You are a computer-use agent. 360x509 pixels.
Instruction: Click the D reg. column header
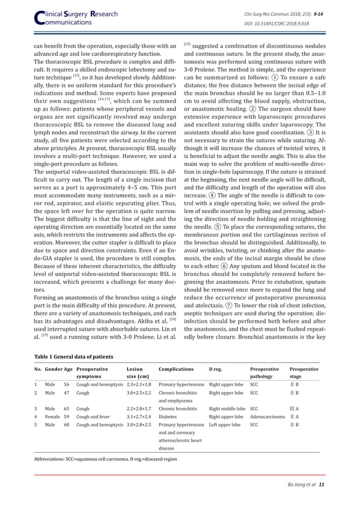(x=219, y=368)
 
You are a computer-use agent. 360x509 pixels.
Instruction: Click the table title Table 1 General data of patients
(x=73, y=356)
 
